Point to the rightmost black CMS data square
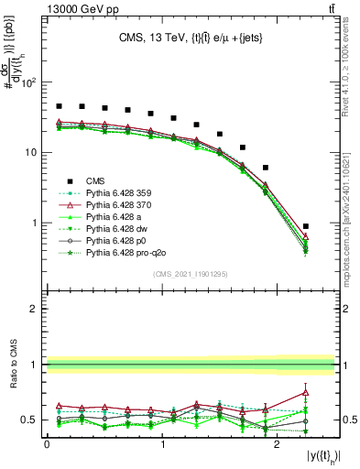pyautogui.click(x=306, y=226)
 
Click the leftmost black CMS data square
pyautogui.click(x=59, y=106)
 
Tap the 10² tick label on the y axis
pyautogui.click(x=28, y=83)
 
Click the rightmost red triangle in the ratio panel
pyautogui.click(x=306, y=392)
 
